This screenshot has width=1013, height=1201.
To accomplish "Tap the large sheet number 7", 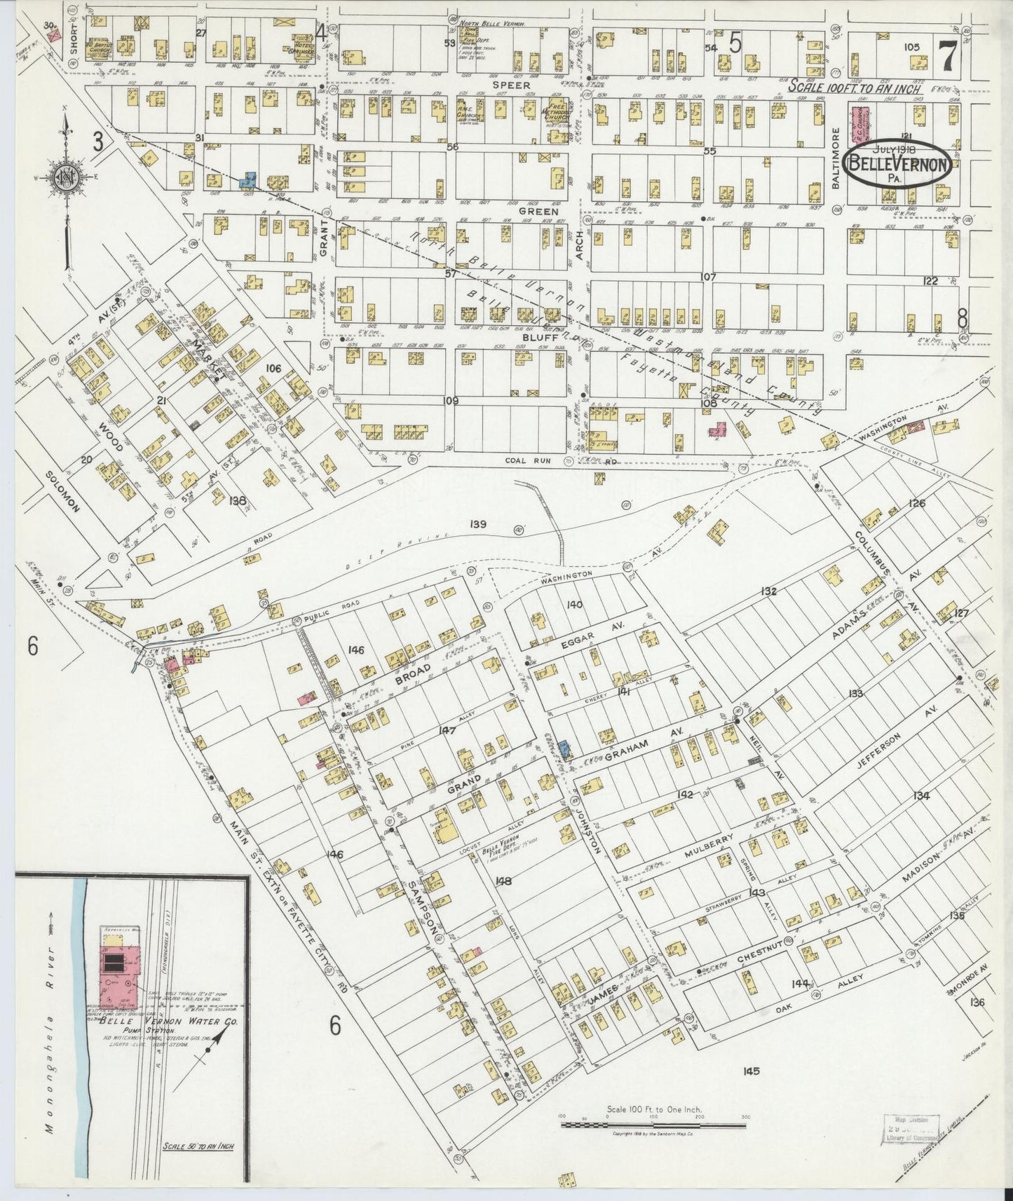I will [947, 57].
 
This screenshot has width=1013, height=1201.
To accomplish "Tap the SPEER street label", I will [510, 85].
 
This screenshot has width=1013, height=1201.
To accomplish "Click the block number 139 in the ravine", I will [479, 523].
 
